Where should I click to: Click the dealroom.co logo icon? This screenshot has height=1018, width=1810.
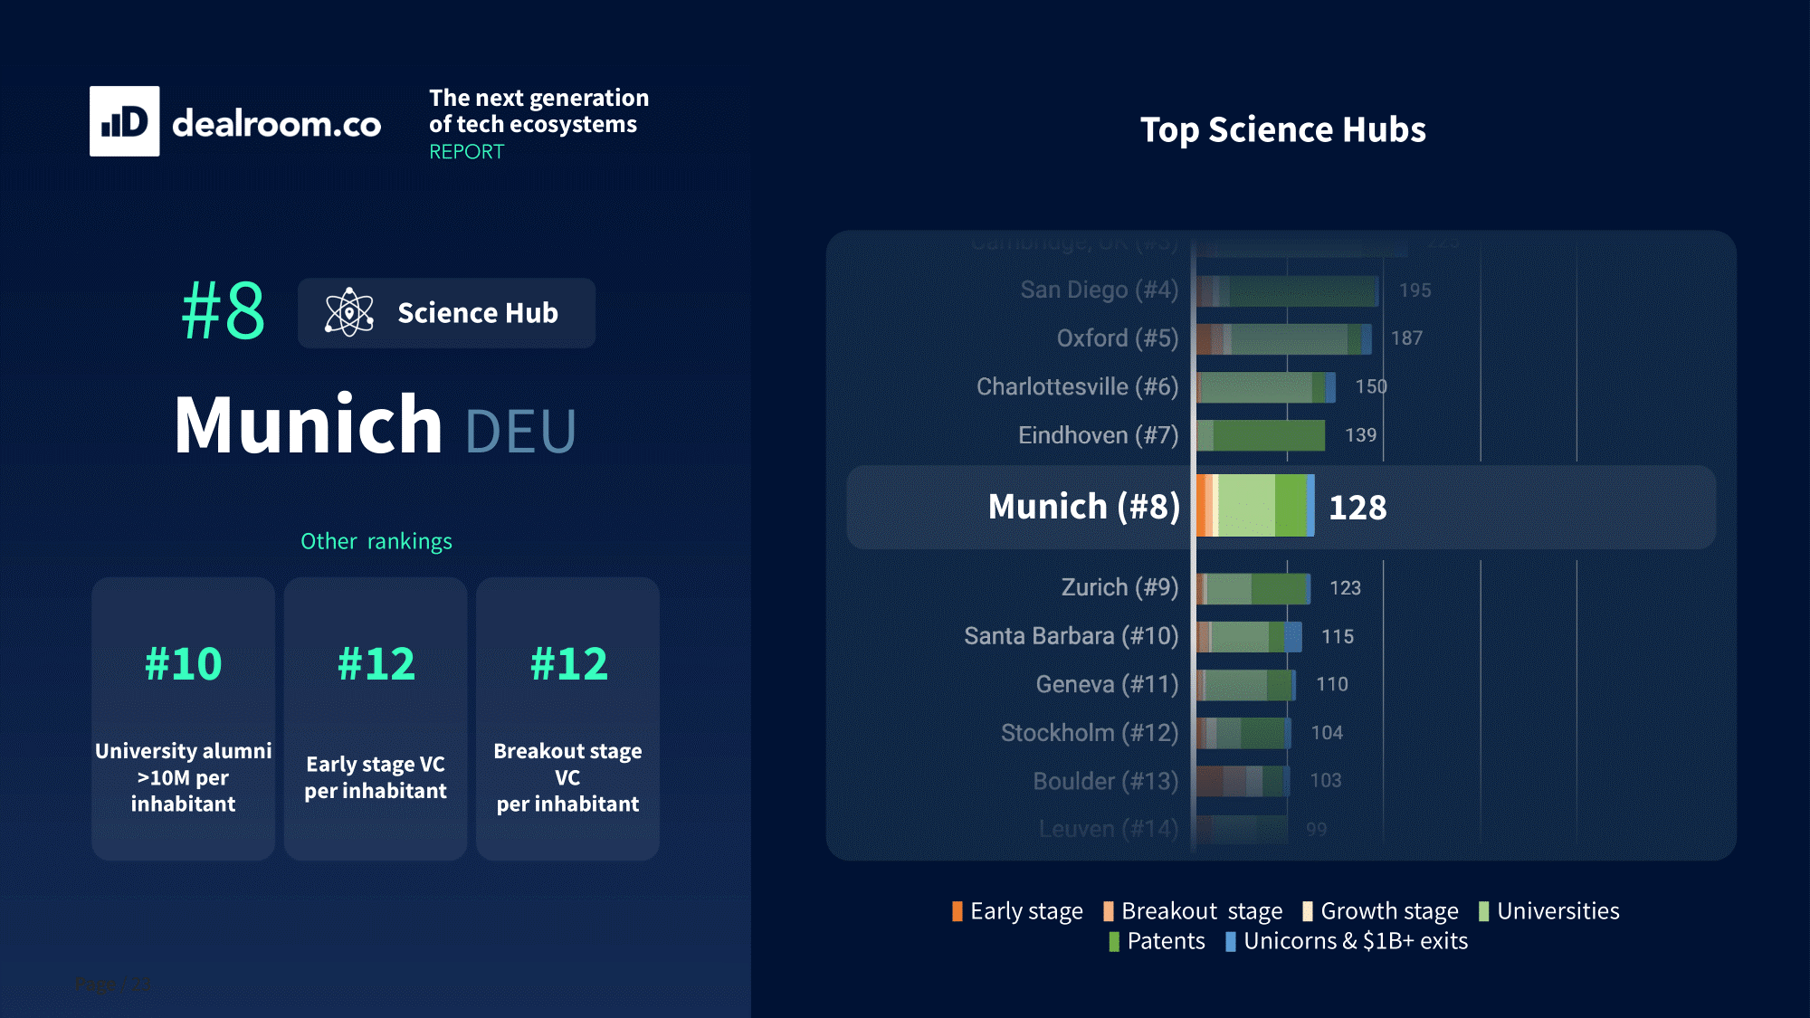[x=125, y=121]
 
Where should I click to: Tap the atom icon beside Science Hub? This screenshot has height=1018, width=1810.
[x=348, y=313]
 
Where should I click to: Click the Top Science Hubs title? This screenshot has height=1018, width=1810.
[x=1282, y=129]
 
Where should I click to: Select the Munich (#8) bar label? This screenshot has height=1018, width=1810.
[x=1083, y=507]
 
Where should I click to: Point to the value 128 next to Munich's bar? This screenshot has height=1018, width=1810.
[x=1357, y=508]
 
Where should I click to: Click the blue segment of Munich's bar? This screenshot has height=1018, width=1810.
[x=1310, y=506]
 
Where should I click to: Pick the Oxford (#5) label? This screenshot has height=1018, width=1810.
[x=1117, y=338]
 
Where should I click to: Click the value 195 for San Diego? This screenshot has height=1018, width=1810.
[x=1415, y=290]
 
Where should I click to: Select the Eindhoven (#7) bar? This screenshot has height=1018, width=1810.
[x=1261, y=435]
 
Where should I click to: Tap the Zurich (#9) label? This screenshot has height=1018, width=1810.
[x=1119, y=588]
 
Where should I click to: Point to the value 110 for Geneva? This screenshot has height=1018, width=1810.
[x=1331, y=684]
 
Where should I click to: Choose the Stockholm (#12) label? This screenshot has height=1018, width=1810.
[x=1089, y=733]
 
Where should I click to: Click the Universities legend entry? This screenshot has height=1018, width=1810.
[x=1548, y=911]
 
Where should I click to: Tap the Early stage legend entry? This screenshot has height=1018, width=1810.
[x=1017, y=911]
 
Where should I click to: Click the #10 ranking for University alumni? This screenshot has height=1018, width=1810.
[x=184, y=664]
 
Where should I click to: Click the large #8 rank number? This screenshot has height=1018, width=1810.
[x=223, y=310]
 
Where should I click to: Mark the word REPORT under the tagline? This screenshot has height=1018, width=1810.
[x=466, y=152]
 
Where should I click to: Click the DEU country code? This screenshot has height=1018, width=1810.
[x=520, y=431]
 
